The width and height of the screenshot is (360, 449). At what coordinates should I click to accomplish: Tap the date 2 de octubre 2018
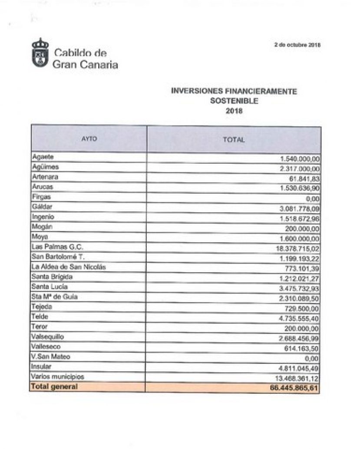[297, 45]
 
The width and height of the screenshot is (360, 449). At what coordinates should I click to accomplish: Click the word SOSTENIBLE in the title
[234, 101]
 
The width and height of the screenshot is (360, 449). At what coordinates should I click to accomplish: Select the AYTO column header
[89, 139]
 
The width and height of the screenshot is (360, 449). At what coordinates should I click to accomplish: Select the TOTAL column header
[234, 140]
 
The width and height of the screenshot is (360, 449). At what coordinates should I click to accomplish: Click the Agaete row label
[43, 157]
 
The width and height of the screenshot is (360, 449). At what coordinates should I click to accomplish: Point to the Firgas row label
[41, 197]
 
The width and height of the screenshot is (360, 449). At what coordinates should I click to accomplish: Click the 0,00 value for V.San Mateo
[312, 359]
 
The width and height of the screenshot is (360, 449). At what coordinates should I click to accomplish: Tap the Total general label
[55, 386]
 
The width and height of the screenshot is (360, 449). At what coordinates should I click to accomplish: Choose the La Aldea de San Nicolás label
[69, 267]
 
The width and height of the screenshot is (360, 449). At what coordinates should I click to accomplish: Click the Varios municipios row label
[57, 376]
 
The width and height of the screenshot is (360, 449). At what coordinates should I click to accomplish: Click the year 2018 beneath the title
[234, 111]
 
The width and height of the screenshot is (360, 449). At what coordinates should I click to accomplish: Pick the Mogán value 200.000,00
[299, 229]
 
